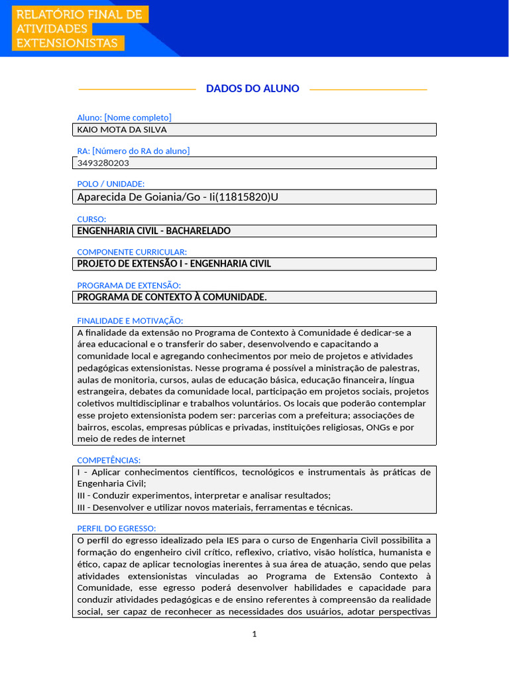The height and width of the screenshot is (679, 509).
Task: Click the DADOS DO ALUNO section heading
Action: tap(253, 88)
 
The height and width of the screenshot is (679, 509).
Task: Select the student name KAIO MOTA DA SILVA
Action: tap(122, 130)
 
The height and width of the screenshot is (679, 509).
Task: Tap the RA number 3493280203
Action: tap(103, 163)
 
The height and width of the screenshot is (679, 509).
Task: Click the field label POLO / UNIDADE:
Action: tap(111, 184)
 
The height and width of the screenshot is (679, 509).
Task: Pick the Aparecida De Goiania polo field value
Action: tap(178, 197)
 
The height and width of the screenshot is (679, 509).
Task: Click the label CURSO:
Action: tap(91, 219)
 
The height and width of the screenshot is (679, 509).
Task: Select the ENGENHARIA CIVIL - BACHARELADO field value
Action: tap(154, 231)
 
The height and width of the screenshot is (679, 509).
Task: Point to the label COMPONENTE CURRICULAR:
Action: tap(132, 252)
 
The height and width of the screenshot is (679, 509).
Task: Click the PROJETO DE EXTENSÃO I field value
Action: tap(174, 264)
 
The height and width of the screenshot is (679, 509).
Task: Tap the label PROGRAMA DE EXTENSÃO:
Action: tap(129, 285)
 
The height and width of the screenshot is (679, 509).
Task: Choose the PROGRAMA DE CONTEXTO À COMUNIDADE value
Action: tap(172, 297)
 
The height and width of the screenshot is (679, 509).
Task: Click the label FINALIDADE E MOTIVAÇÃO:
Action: tap(130, 320)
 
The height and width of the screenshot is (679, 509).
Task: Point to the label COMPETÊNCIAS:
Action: tap(109, 460)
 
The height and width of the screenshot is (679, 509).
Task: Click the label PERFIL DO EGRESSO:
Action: tap(116, 528)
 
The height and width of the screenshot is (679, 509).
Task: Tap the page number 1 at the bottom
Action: tap(254, 635)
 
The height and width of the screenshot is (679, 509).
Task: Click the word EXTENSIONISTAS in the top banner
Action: tap(67, 43)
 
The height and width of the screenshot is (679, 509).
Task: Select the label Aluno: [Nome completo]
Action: tap(124, 117)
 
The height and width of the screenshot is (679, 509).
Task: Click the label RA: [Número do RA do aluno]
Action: tap(133, 151)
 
